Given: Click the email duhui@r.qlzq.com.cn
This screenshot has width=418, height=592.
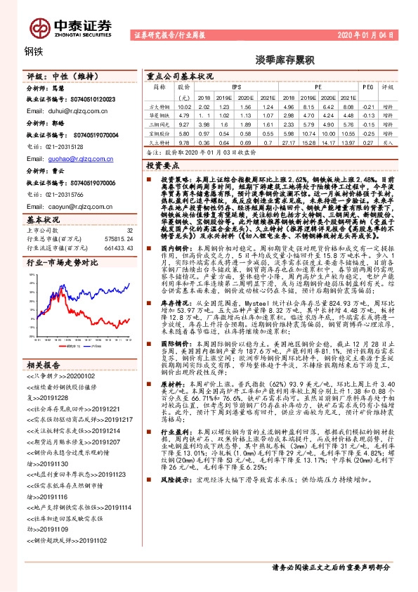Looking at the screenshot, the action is click(x=63, y=111).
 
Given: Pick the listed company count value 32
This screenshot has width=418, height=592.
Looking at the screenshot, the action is click(x=129, y=230).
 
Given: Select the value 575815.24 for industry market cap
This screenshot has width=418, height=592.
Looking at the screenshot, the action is click(x=120, y=239).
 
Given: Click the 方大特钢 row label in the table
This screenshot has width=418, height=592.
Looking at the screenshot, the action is click(x=161, y=105).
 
